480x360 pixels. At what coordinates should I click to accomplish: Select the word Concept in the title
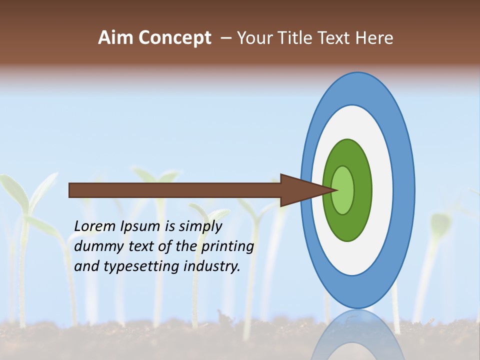(175, 38)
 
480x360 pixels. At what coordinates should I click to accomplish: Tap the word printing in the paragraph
(227, 246)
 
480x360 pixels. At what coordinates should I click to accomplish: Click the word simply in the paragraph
(200, 226)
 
